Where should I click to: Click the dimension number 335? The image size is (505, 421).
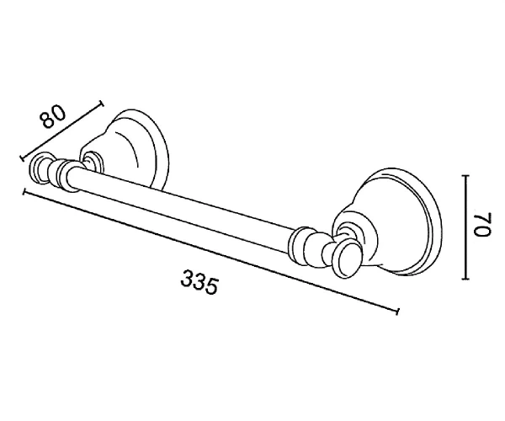tap(199, 283)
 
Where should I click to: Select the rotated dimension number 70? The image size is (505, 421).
tap(481, 225)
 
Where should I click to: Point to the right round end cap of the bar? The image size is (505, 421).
tap(345, 260)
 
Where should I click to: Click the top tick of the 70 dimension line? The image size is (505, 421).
tap(465, 175)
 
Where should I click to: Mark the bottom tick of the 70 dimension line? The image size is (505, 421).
tap(465, 279)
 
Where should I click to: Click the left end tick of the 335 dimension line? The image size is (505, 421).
tap(24, 192)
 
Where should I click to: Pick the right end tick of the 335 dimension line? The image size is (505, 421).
tap(398, 311)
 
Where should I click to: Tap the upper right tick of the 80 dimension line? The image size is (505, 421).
tap(102, 103)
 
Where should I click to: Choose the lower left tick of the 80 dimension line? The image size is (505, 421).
tap(22, 157)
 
